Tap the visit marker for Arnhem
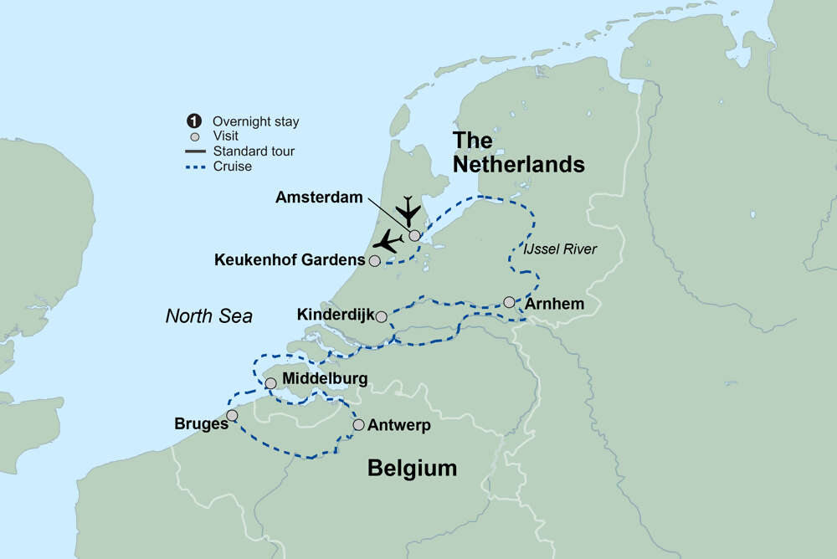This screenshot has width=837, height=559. [509, 302]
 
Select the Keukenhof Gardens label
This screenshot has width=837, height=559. [289, 260]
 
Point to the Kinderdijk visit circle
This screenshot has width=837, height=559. [382, 316]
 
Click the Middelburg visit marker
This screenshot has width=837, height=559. [270, 383]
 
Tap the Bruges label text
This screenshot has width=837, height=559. [202, 423]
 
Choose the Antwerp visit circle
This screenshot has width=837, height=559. [359, 425]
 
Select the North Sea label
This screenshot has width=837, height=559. [208, 315]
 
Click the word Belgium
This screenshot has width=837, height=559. [413, 469]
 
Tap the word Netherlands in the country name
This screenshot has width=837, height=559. [518, 164]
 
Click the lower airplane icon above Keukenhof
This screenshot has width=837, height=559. [387, 241]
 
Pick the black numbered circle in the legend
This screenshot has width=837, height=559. [195, 121]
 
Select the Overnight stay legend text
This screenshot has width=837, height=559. [255, 121]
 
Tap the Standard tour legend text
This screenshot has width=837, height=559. [254, 151]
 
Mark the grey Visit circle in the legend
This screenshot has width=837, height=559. [195, 136]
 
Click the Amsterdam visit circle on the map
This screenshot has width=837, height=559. [414, 235]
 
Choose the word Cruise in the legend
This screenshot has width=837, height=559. [232, 167]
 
